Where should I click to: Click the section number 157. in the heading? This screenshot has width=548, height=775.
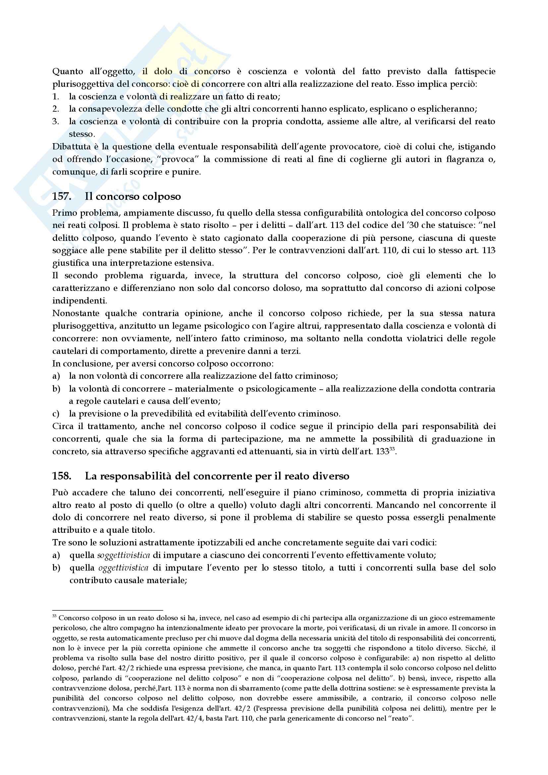(61, 196)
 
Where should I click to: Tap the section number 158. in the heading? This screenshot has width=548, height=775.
(61, 476)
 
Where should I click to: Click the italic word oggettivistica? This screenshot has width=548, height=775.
(124, 568)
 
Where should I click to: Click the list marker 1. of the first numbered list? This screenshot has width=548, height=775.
(56, 96)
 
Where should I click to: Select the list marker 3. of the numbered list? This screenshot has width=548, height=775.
(56, 122)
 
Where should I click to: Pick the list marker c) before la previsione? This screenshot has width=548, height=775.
(56, 414)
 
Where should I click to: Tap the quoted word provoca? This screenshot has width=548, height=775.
(179, 159)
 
